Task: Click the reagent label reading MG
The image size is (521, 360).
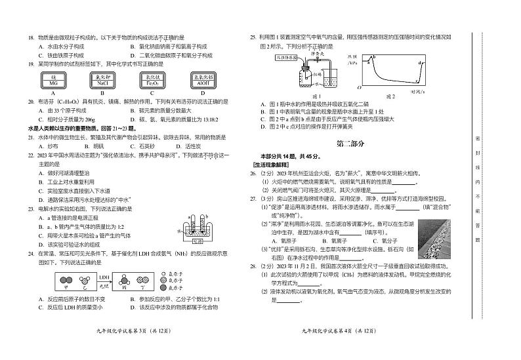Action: tap(54, 82)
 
